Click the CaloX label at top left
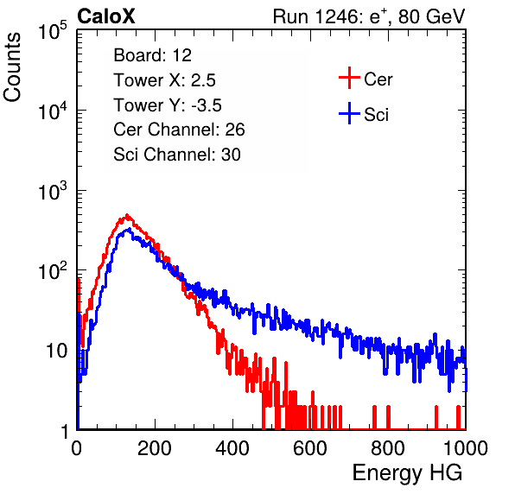tap(105, 16)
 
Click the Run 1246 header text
tap(369, 16)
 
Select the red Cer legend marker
tap(349, 78)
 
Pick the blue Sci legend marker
tap(349, 113)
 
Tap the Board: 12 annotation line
tap(152, 55)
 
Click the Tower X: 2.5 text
tap(164, 80)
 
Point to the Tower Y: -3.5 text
tap(168, 105)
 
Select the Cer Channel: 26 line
tap(179, 130)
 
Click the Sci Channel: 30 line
tap(177, 155)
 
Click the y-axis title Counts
tap(12, 67)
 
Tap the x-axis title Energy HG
tap(407, 473)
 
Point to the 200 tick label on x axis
tap(155, 448)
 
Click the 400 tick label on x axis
tap(232, 448)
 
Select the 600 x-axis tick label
tap(310, 448)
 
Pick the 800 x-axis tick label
tap(388, 448)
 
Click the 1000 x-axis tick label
tap(466, 448)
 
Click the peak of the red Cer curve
tap(127, 215)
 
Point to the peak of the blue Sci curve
tap(129, 229)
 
